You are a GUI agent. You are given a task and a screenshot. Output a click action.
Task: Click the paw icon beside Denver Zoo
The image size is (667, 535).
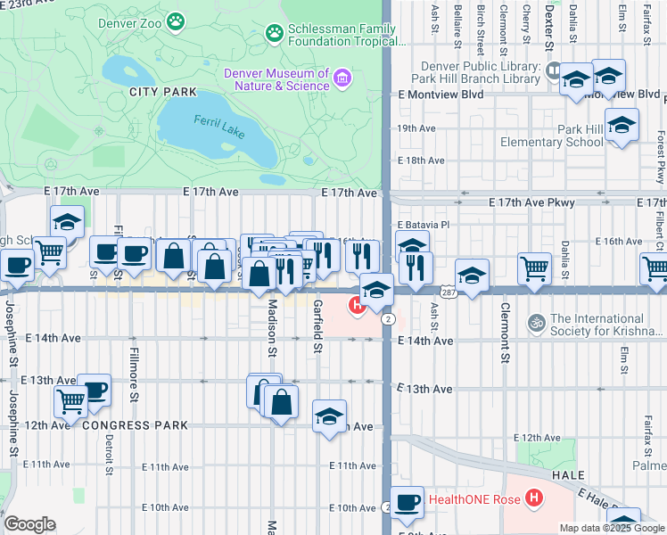pos(177,19)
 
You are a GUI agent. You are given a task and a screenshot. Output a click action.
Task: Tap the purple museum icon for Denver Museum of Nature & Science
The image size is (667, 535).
pos(341,79)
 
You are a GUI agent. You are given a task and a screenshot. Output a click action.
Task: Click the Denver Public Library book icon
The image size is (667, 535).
pos(554,68)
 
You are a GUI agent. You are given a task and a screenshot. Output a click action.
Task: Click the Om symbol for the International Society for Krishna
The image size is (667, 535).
pos(537,321)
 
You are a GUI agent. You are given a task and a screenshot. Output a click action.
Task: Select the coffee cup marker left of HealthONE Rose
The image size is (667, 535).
pos(407,501)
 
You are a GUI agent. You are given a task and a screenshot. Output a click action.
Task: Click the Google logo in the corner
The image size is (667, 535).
pos(29,524)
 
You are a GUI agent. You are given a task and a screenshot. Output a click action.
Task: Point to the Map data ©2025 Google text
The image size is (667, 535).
pos(612,528)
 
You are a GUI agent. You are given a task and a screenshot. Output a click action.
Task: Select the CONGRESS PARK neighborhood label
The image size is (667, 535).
pos(135,425)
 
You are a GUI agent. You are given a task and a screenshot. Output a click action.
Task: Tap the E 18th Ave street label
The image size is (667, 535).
pos(421,160)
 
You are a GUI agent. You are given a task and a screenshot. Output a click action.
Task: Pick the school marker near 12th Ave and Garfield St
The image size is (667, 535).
pos(329,416)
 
